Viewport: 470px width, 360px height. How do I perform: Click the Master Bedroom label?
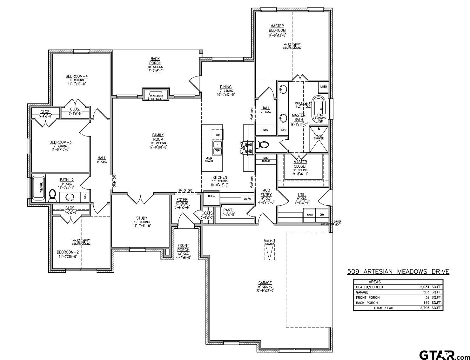coord(277,28)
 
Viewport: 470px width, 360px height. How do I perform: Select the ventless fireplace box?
coord(156,95)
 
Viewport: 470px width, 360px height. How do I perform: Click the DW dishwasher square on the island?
coord(218,135)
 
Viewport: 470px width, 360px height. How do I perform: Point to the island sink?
coord(218,148)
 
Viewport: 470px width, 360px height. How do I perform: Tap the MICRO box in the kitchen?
coord(247,199)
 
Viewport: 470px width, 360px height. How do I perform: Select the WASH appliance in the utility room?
coord(310,215)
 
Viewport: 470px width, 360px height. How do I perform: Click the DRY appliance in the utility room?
coord(322,215)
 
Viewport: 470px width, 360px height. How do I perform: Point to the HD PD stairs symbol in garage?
coord(269,250)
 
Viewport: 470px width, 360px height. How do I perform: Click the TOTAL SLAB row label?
coord(383,308)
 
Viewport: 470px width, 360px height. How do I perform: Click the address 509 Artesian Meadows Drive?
coord(398,272)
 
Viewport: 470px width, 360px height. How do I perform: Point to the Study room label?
coord(142,218)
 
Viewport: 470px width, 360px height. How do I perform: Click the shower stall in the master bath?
coord(319,140)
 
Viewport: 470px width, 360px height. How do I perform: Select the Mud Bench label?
coord(266,159)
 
